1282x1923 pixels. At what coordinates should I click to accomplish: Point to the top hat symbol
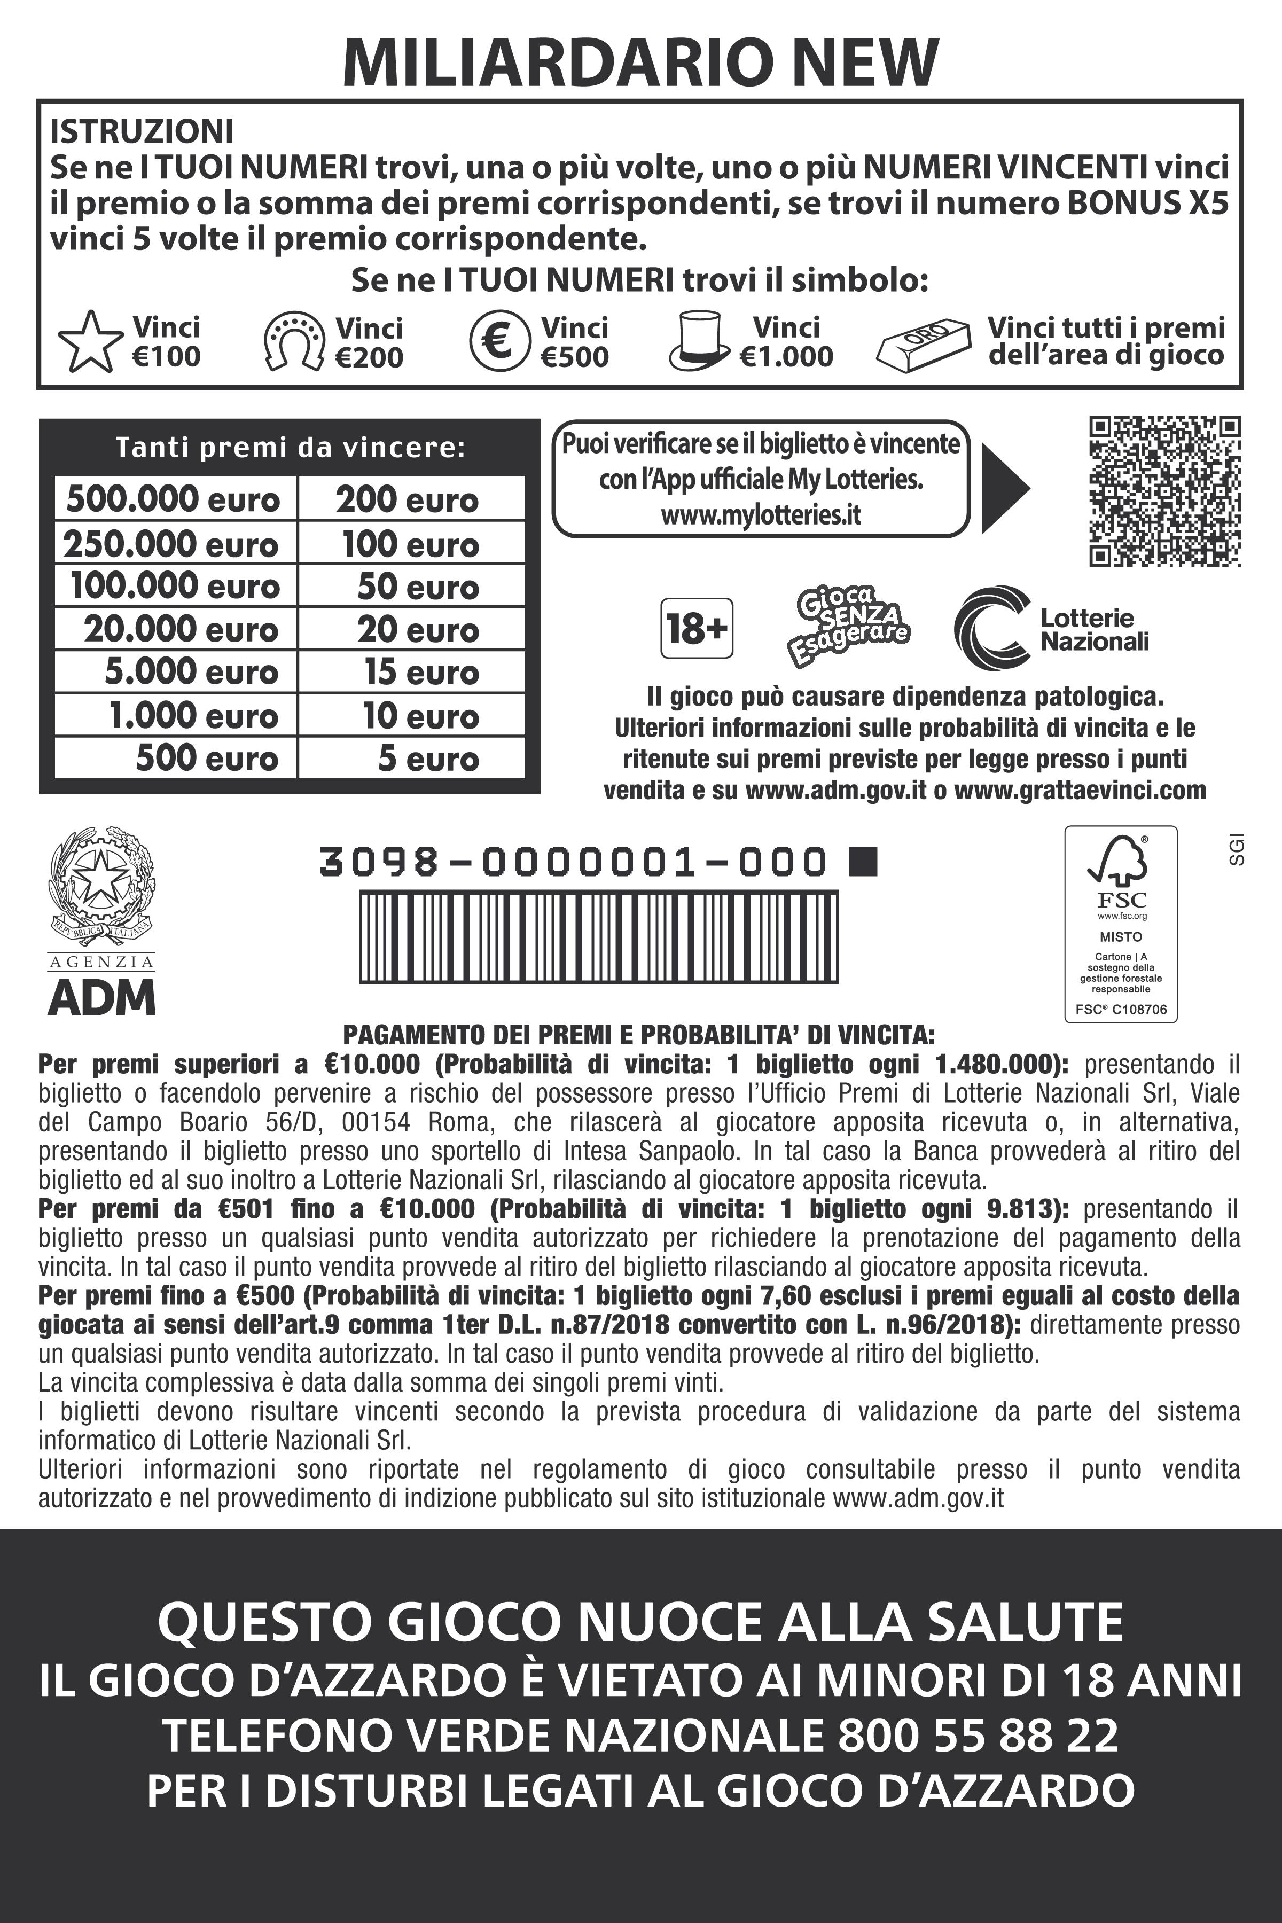pyautogui.click(x=699, y=340)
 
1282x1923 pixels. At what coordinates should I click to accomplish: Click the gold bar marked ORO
pyautogui.click(x=923, y=342)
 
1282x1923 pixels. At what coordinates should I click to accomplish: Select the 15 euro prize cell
pyautogui.click(x=411, y=672)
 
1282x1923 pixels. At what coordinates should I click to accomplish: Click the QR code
pyautogui.click(x=1164, y=491)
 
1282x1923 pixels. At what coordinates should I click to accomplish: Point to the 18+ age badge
pyautogui.click(x=696, y=628)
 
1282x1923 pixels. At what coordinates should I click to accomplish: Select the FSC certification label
pyautogui.click(x=1120, y=923)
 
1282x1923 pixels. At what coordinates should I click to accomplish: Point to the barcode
pyautogui.click(x=598, y=936)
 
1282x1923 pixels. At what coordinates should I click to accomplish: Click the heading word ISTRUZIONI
pyautogui.click(x=142, y=131)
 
